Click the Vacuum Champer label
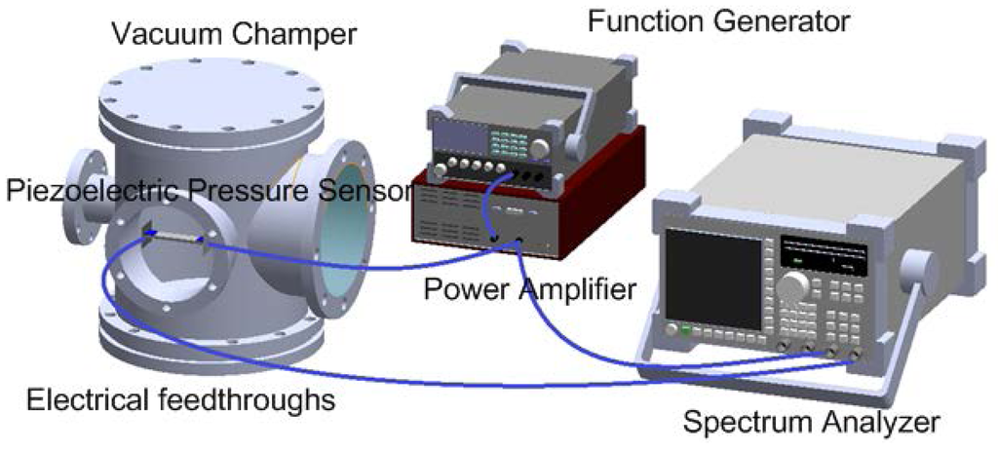pos(234,36)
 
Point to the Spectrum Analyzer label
pos(811,422)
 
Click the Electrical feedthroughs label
pos(181,399)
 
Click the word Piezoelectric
pos(93,190)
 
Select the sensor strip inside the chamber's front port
pos(175,237)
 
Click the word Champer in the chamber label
pos(302,36)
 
